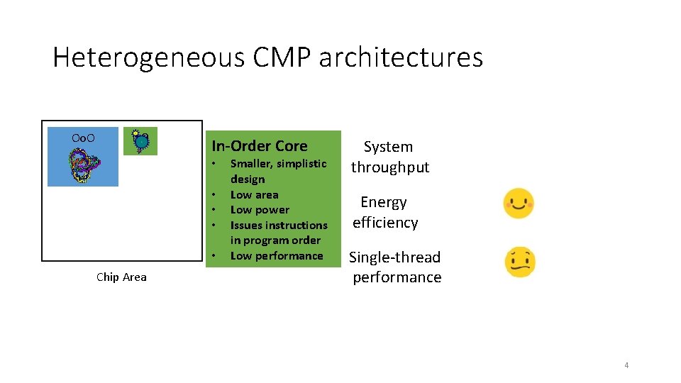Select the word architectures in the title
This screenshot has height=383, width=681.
401,57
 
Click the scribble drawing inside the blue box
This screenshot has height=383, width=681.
83,167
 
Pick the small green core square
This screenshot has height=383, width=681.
140,141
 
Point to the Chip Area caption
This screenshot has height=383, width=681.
121,277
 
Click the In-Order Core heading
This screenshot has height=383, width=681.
260,146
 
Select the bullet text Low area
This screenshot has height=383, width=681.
254,194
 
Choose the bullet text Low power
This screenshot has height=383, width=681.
260,210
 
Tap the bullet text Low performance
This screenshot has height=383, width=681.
277,256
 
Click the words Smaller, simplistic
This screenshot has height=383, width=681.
278,164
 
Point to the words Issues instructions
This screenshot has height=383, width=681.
279,226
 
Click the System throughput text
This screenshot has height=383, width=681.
389,157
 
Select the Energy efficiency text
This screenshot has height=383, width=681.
384,212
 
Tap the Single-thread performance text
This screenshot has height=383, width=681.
395,267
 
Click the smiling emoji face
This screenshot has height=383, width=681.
519,204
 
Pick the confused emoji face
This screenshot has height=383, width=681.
520,262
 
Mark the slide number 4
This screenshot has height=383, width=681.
626,365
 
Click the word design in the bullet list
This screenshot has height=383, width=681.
248,179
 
